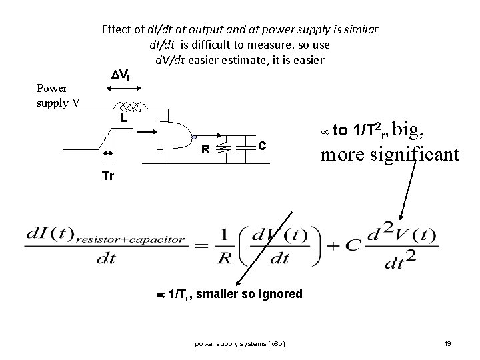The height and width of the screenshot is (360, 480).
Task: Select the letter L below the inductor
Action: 124,118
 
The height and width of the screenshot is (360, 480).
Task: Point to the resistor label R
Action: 207,150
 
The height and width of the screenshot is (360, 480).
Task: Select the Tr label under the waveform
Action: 107,176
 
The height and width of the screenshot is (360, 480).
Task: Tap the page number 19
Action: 448,343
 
